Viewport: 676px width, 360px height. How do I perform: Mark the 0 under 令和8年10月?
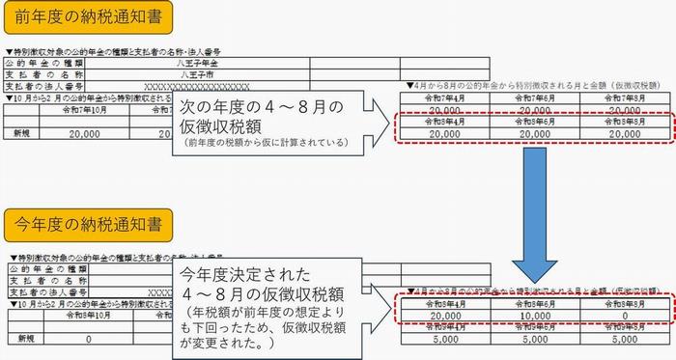point(89,339)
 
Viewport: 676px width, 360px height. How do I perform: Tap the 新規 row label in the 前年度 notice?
point(21,134)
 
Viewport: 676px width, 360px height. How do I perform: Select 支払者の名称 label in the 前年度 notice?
point(43,73)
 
